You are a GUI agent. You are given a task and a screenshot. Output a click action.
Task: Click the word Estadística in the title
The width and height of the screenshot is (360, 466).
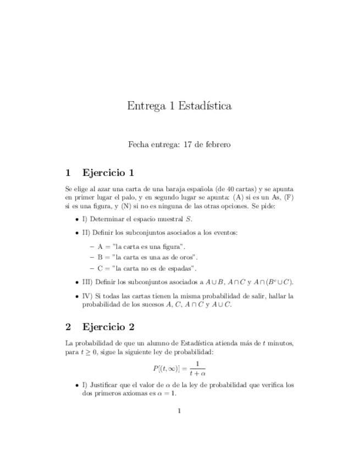[x=205, y=106]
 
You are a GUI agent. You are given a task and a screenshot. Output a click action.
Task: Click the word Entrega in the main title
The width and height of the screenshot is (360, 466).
[x=145, y=106]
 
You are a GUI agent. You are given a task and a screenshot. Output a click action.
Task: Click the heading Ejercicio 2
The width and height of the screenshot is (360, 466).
[x=108, y=328]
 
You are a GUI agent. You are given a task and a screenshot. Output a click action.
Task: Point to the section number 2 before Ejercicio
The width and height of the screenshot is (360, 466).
[x=68, y=328]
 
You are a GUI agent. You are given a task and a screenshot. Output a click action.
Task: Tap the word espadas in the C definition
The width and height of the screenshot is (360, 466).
[x=180, y=268]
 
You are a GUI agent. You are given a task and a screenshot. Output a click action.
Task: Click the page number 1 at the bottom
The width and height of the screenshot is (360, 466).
[x=180, y=411]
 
